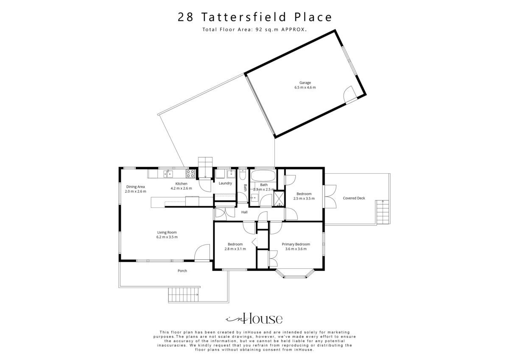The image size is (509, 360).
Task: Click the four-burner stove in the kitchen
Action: click(190, 174)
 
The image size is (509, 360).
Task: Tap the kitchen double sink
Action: click(168, 174)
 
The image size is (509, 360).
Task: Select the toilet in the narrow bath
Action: click(243, 174)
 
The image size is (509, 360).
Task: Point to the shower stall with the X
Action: click(279, 199)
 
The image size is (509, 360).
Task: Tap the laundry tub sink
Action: click(231, 174)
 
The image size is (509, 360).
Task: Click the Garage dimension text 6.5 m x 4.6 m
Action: click(305, 87)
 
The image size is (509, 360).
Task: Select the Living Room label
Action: click(167, 232)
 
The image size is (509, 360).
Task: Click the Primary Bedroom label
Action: click(296, 244)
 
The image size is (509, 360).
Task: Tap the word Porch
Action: click(182, 270)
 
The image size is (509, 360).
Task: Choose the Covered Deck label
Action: click(354, 198)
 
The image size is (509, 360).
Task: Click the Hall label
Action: click(244, 212)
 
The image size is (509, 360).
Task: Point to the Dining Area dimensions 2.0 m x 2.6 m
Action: click(135, 191)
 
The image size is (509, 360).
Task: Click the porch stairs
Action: click(183, 294)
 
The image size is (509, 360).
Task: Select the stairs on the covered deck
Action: click(383, 212)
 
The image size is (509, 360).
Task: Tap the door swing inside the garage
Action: click(350, 94)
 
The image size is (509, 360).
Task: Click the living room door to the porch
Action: click(202, 253)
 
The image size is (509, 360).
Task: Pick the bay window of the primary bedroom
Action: click(295, 274)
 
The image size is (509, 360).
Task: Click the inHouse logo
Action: click(254, 318)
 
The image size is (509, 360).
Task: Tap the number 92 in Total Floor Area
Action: click(259, 29)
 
